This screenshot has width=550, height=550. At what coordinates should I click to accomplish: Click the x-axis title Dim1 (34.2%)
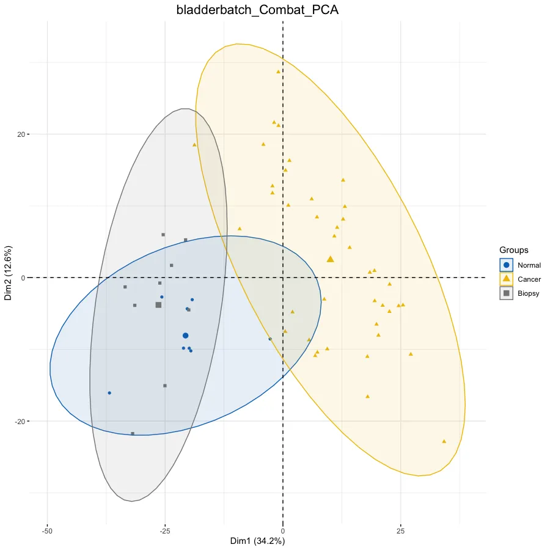coord(257,541)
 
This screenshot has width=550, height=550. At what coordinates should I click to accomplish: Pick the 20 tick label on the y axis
coord(20,134)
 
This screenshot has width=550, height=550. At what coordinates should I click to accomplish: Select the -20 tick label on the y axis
coord(19,422)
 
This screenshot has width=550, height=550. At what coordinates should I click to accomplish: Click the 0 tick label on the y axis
coord(22,278)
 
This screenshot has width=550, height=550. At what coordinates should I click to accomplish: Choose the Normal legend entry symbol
coord(506,265)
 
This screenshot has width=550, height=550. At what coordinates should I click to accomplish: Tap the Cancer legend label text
coord(529,279)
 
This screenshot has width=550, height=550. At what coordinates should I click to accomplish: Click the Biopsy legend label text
coord(529,293)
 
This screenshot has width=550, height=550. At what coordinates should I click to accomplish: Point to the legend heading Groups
coord(514,250)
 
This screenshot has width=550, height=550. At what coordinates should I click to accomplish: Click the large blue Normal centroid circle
coord(186,335)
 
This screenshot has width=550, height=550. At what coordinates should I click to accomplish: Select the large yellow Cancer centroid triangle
coord(331,259)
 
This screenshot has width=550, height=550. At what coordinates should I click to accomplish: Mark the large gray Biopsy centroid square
coord(158,304)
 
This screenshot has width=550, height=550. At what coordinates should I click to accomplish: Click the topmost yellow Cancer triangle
coord(278,71)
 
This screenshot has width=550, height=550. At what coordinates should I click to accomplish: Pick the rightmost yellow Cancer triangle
coord(444,441)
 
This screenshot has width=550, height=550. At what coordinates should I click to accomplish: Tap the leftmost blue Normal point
coord(109,393)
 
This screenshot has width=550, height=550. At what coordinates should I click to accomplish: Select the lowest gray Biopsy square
coord(133,434)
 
